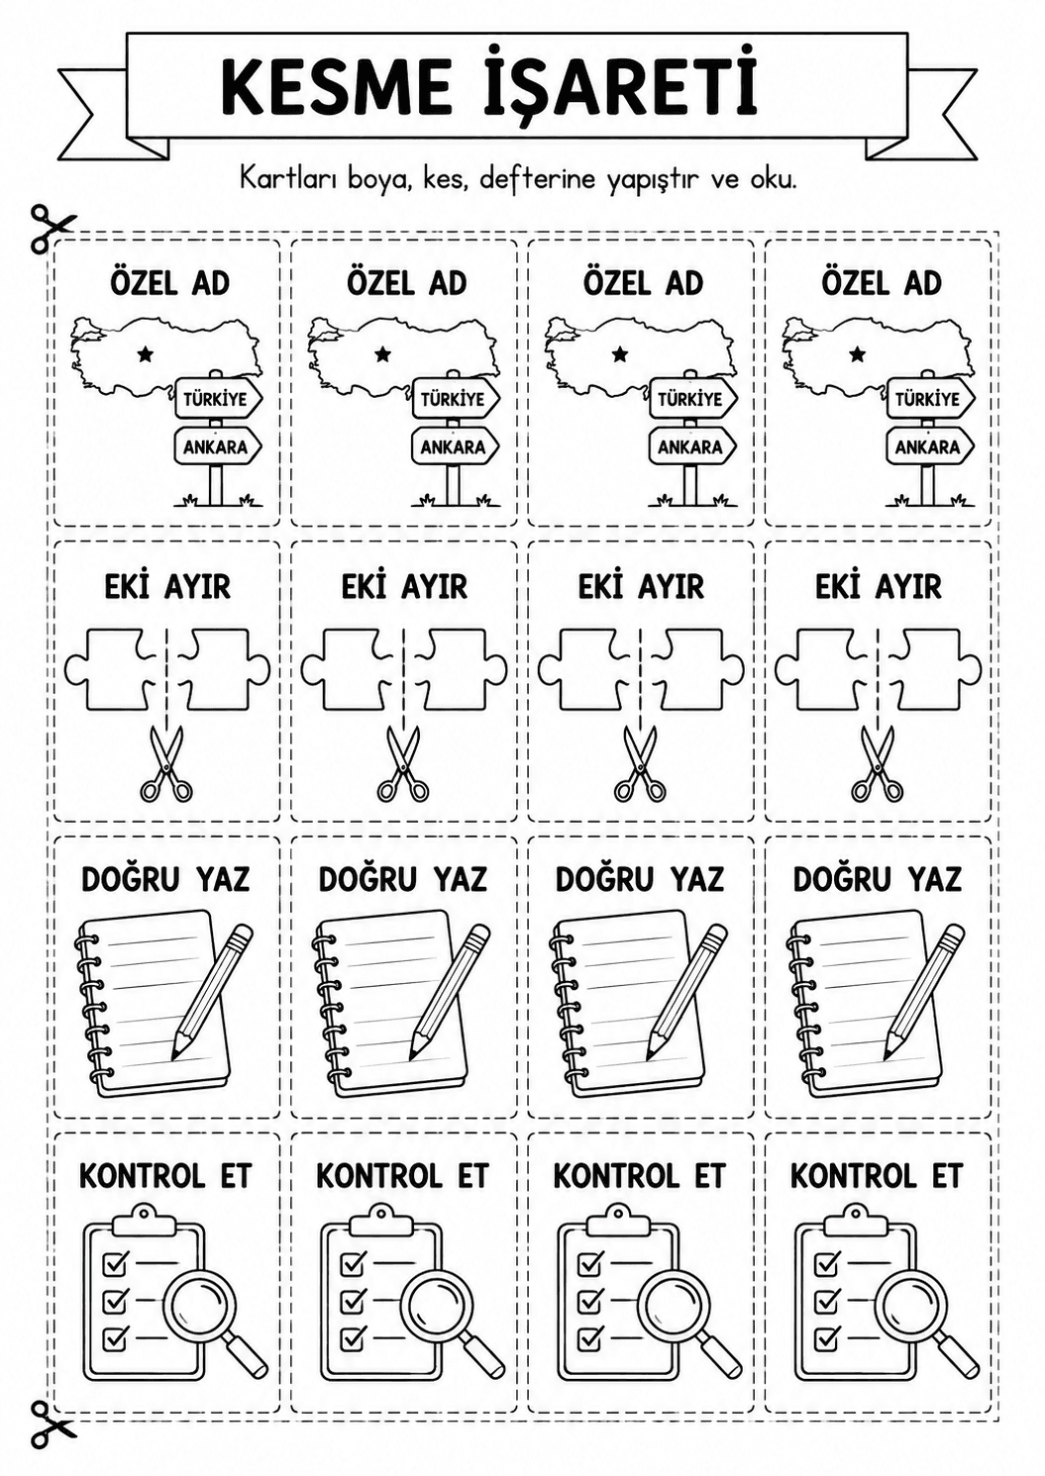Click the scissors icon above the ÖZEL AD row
pyautogui.click(x=52, y=227)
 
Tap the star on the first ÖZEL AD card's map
pyautogui.click(x=145, y=355)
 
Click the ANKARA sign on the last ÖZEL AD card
pyautogui.click(x=929, y=446)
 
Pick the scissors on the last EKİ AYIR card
pyautogui.click(x=877, y=763)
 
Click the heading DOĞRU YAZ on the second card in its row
pyautogui.click(x=403, y=879)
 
